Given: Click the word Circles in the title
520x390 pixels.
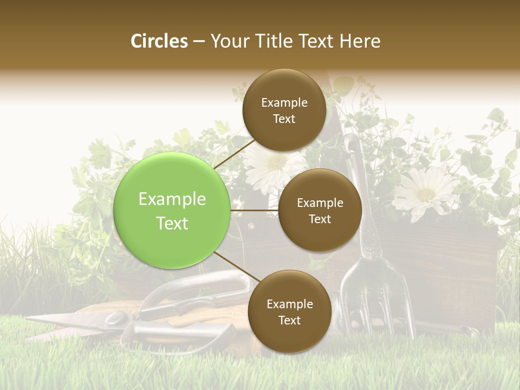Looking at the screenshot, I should [159, 41].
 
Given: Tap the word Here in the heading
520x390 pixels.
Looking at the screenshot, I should [360, 41].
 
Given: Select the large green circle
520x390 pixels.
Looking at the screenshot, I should [172, 210].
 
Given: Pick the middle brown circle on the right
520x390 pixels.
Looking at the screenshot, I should [320, 210].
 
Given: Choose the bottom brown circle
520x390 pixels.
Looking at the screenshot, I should [289, 311].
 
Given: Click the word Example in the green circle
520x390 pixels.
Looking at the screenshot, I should [172, 199].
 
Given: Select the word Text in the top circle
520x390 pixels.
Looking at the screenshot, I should [284, 119].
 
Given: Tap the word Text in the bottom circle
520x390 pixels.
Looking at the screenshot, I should [289, 320].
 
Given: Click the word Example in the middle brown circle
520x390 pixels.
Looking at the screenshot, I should [320, 203].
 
